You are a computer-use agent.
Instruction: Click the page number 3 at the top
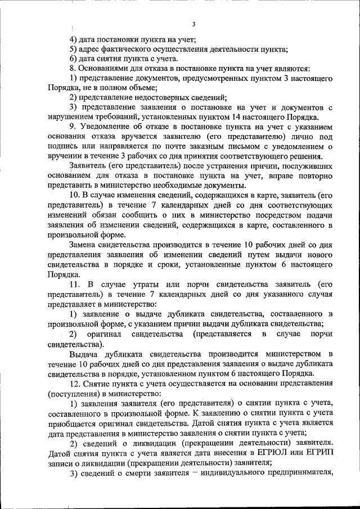[x=193, y=24]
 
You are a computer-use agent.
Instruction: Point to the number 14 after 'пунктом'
[x=238, y=116]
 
